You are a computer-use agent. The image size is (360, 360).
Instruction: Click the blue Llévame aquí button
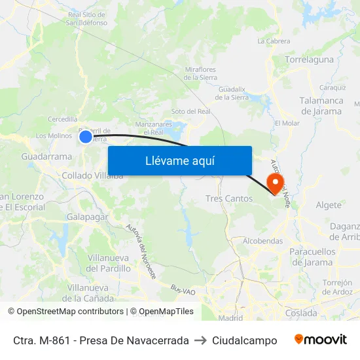pyautogui.click(x=179, y=160)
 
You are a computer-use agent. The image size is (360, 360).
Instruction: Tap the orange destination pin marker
pyautogui.click(x=276, y=183)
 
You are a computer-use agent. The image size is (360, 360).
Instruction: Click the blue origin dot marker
pyautogui.click(x=86, y=136)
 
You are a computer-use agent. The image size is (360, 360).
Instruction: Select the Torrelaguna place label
pyautogui.click(x=310, y=60)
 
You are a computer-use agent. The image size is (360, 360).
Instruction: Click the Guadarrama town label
pyautogui.click(x=46, y=157)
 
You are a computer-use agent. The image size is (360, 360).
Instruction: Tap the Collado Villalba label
pyautogui.click(x=92, y=175)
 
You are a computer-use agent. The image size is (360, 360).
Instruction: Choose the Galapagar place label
pyautogui.click(x=87, y=217)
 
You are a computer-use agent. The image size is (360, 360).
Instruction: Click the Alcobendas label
pyautogui.click(x=262, y=241)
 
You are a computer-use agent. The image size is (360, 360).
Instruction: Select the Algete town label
pyautogui.click(x=329, y=205)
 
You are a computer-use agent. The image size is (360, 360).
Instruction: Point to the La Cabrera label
pyautogui.click(x=274, y=41)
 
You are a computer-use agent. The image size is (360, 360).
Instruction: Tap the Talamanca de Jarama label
pyautogui.click(x=321, y=106)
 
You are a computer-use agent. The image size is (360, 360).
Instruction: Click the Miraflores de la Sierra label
pyautogui.click(x=200, y=73)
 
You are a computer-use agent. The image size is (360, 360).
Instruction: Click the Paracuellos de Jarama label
pyautogui.click(x=312, y=257)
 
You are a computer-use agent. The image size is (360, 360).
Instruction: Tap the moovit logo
pyautogui.click(x=320, y=340)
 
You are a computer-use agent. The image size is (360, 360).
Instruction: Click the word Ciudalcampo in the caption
pyautogui.click(x=244, y=340)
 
